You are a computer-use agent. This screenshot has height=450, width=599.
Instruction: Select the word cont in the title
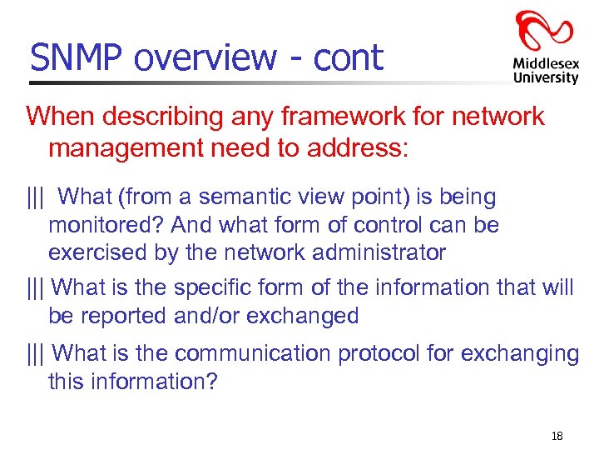(349, 57)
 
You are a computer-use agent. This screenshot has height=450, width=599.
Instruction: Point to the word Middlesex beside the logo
(546, 62)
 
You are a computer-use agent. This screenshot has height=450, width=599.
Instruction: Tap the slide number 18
(557, 437)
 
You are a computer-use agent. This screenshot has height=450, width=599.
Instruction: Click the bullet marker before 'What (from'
(36, 197)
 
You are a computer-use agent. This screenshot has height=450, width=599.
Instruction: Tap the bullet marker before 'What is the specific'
(36, 287)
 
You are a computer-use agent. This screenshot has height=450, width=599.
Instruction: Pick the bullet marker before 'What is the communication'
(36, 353)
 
